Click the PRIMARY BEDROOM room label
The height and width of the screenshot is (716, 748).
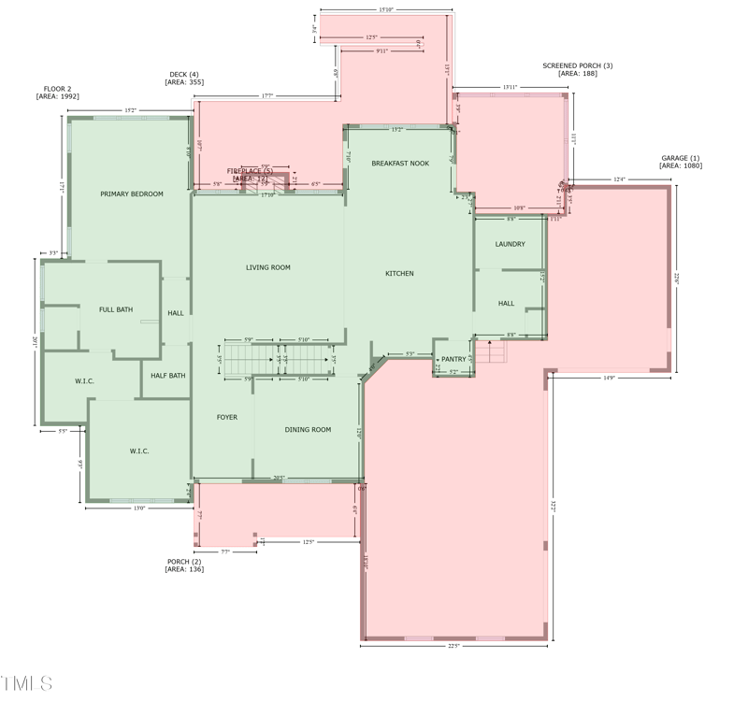tap(132, 194)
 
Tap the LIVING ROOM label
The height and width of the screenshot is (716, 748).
tap(268, 268)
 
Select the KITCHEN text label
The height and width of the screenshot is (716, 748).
tap(399, 274)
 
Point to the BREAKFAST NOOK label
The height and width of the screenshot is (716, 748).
tap(400, 164)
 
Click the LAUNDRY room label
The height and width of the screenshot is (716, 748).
tap(510, 245)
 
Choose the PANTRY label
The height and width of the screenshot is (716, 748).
tap(453, 359)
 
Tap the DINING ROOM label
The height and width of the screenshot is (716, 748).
tap(308, 430)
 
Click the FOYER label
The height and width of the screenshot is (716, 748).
tap(227, 418)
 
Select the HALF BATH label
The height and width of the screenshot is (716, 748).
tap(168, 376)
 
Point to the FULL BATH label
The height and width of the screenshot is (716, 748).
tap(116, 309)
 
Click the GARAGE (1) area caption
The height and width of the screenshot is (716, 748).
tap(681, 162)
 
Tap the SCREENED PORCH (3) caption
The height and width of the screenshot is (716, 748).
tap(578, 69)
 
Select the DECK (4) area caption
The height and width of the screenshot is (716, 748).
tap(184, 79)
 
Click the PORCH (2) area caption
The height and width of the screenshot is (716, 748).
tap(184, 566)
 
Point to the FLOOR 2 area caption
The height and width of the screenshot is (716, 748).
tap(57, 93)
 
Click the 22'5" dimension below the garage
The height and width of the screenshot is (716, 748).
tap(453, 646)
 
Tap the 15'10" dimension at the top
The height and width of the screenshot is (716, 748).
tap(385, 9)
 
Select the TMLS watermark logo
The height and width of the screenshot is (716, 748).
tap(27, 684)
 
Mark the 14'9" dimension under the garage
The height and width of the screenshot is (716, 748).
tap(609, 379)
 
